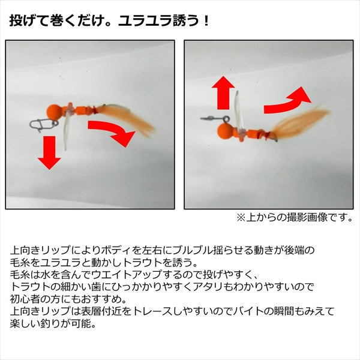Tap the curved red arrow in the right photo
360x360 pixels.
coord(289,100)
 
